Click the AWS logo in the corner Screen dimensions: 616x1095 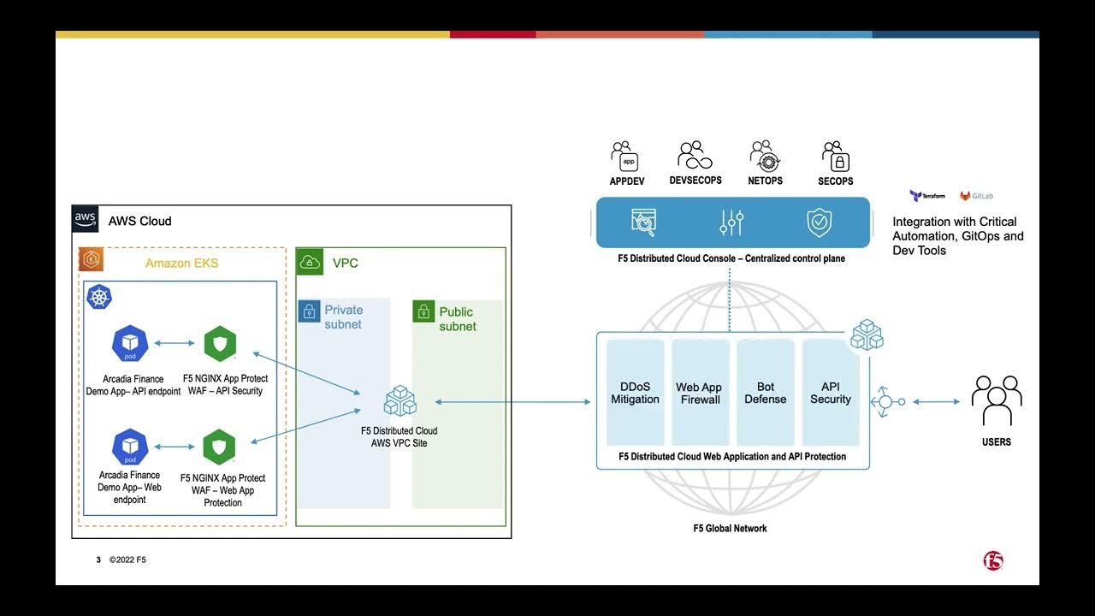(x=85, y=219)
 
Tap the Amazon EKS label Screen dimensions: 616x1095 (x=181, y=263)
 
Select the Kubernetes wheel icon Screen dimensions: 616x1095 (x=100, y=298)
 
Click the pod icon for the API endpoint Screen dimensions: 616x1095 (x=130, y=344)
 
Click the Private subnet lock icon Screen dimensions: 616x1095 (x=308, y=311)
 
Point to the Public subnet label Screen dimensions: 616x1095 (x=457, y=319)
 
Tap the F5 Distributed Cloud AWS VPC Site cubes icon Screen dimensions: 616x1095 (x=400, y=400)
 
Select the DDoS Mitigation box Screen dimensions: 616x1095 (x=635, y=393)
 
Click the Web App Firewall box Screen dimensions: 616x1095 (x=700, y=393)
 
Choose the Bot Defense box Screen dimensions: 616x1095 (x=765, y=393)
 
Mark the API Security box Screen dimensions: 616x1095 (x=830, y=393)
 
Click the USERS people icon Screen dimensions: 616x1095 (x=997, y=400)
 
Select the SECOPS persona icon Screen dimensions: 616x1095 (x=835, y=157)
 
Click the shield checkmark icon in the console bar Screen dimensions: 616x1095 (x=820, y=222)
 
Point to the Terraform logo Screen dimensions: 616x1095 (x=926, y=196)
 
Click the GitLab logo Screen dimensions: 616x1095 (x=976, y=196)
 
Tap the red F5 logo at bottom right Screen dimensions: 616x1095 (x=992, y=561)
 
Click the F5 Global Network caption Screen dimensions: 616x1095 (x=730, y=529)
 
